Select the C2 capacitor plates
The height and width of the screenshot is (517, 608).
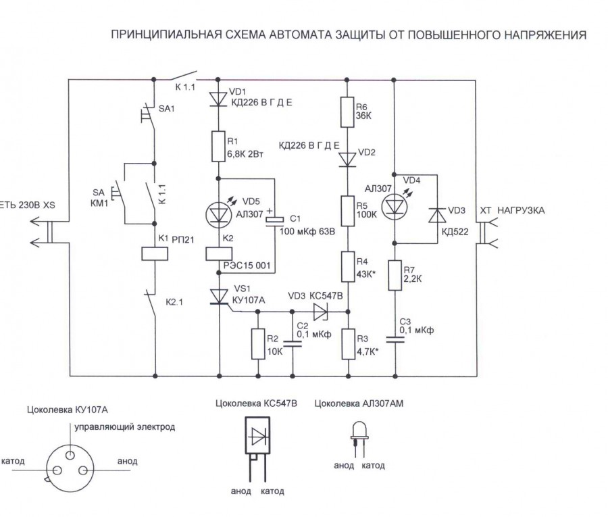[x=293, y=344]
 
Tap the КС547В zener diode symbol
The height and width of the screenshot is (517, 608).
[x=320, y=312]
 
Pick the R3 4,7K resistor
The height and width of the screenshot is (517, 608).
[x=347, y=345]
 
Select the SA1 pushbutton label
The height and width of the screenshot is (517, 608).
[x=166, y=108]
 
